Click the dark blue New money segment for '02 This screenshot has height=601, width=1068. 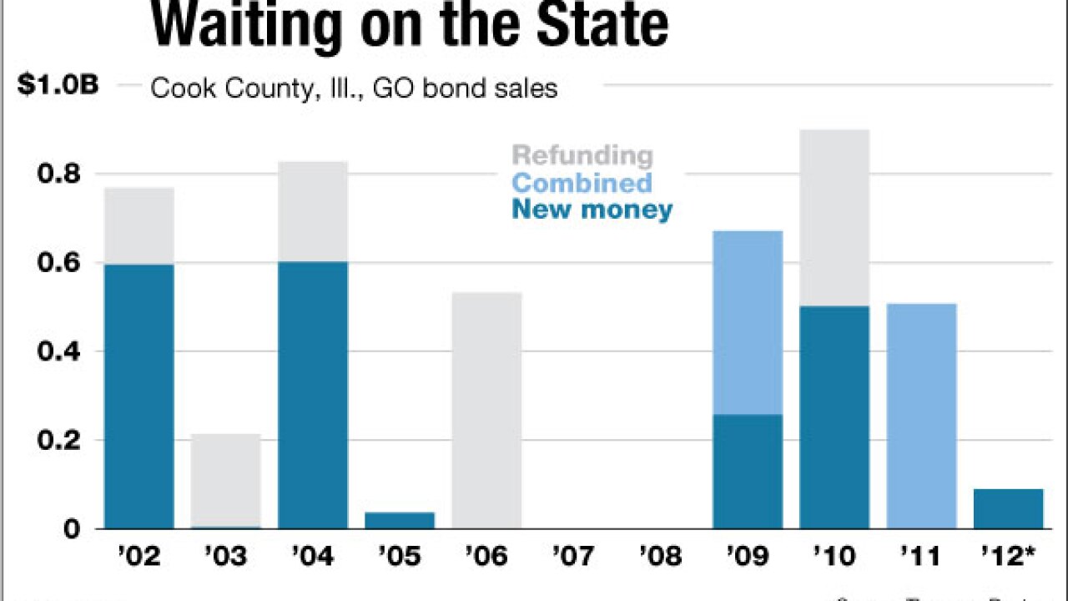tap(139, 396)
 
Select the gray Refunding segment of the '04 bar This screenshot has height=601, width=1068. tap(313, 211)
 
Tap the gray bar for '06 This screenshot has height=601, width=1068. tap(486, 410)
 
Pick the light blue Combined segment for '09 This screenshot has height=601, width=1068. tap(748, 322)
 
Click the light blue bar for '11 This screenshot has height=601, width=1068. tap(921, 416)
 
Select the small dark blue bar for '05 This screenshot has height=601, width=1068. tap(400, 520)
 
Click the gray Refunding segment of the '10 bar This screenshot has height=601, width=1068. tap(834, 218)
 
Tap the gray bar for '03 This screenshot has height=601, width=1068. tap(226, 480)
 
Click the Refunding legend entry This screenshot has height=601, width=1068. tap(582, 155)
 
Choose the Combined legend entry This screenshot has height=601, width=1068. tap(582, 183)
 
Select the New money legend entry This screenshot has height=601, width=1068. tap(592, 210)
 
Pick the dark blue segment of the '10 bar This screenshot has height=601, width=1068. tap(834, 417)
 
